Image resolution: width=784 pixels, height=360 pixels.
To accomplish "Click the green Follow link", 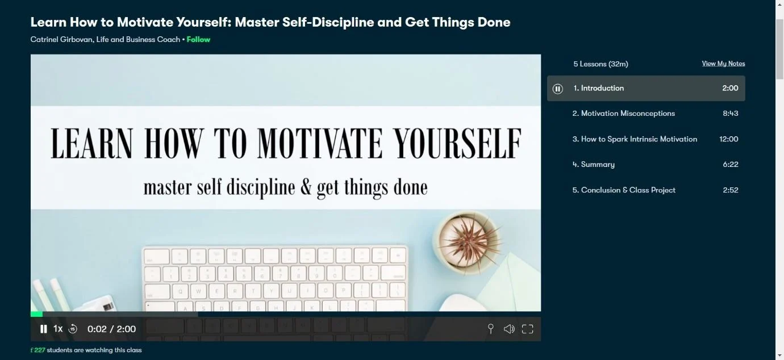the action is (x=198, y=40).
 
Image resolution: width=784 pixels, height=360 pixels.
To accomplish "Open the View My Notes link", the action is (x=723, y=64).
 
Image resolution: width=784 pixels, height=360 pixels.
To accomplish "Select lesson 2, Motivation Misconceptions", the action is (x=623, y=114).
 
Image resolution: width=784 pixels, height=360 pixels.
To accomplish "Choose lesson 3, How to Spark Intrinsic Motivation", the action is (x=635, y=139).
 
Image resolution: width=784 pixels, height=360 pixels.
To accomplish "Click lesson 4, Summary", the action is (x=593, y=165).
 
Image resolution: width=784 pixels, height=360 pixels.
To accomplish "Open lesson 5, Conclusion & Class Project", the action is (x=624, y=190).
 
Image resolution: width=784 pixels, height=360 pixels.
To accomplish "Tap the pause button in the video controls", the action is (x=43, y=329).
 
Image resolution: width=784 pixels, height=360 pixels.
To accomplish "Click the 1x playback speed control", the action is (x=58, y=329).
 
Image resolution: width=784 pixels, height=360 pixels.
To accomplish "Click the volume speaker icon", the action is (x=509, y=329).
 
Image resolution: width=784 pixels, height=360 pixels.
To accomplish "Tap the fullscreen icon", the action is (x=527, y=329).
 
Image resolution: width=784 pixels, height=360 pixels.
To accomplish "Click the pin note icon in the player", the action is (x=491, y=329).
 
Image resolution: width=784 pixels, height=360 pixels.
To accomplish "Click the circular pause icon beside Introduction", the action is (x=557, y=89).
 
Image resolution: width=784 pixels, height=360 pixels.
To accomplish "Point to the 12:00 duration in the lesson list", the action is (x=729, y=139).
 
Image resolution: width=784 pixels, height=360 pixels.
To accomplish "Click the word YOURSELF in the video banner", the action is (x=457, y=143).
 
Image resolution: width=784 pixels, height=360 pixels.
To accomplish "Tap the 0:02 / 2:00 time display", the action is (x=112, y=329).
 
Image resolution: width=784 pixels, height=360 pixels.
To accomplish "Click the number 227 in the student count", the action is (x=40, y=350).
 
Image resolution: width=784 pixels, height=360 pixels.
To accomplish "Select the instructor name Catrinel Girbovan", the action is (x=61, y=40).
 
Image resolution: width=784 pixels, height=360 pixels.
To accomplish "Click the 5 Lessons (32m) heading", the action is (x=600, y=64).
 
